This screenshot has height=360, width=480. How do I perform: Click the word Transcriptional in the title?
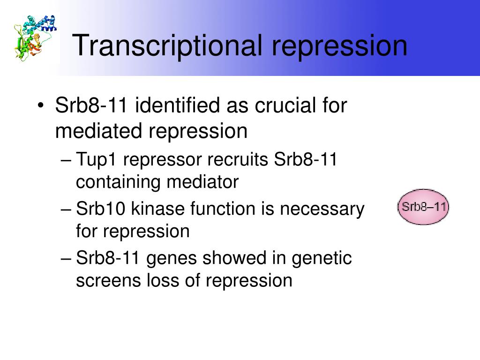(167, 46)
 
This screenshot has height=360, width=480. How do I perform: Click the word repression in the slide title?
(339, 46)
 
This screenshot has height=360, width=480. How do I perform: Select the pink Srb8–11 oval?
(423, 207)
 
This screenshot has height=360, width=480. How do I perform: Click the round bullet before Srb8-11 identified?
(40, 105)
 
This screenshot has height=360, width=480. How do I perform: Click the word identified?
(178, 105)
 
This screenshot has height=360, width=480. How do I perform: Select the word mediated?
(98, 131)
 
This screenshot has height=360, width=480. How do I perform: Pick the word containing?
(118, 182)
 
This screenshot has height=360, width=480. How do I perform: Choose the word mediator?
(202, 182)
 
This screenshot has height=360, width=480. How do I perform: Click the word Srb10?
(100, 209)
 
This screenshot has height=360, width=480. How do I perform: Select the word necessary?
(322, 210)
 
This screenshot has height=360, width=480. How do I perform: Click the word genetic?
(322, 258)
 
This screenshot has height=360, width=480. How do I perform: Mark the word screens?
(108, 281)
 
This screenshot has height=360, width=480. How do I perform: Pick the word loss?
(163, 280)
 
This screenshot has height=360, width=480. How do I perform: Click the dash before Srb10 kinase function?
(66, 210)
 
